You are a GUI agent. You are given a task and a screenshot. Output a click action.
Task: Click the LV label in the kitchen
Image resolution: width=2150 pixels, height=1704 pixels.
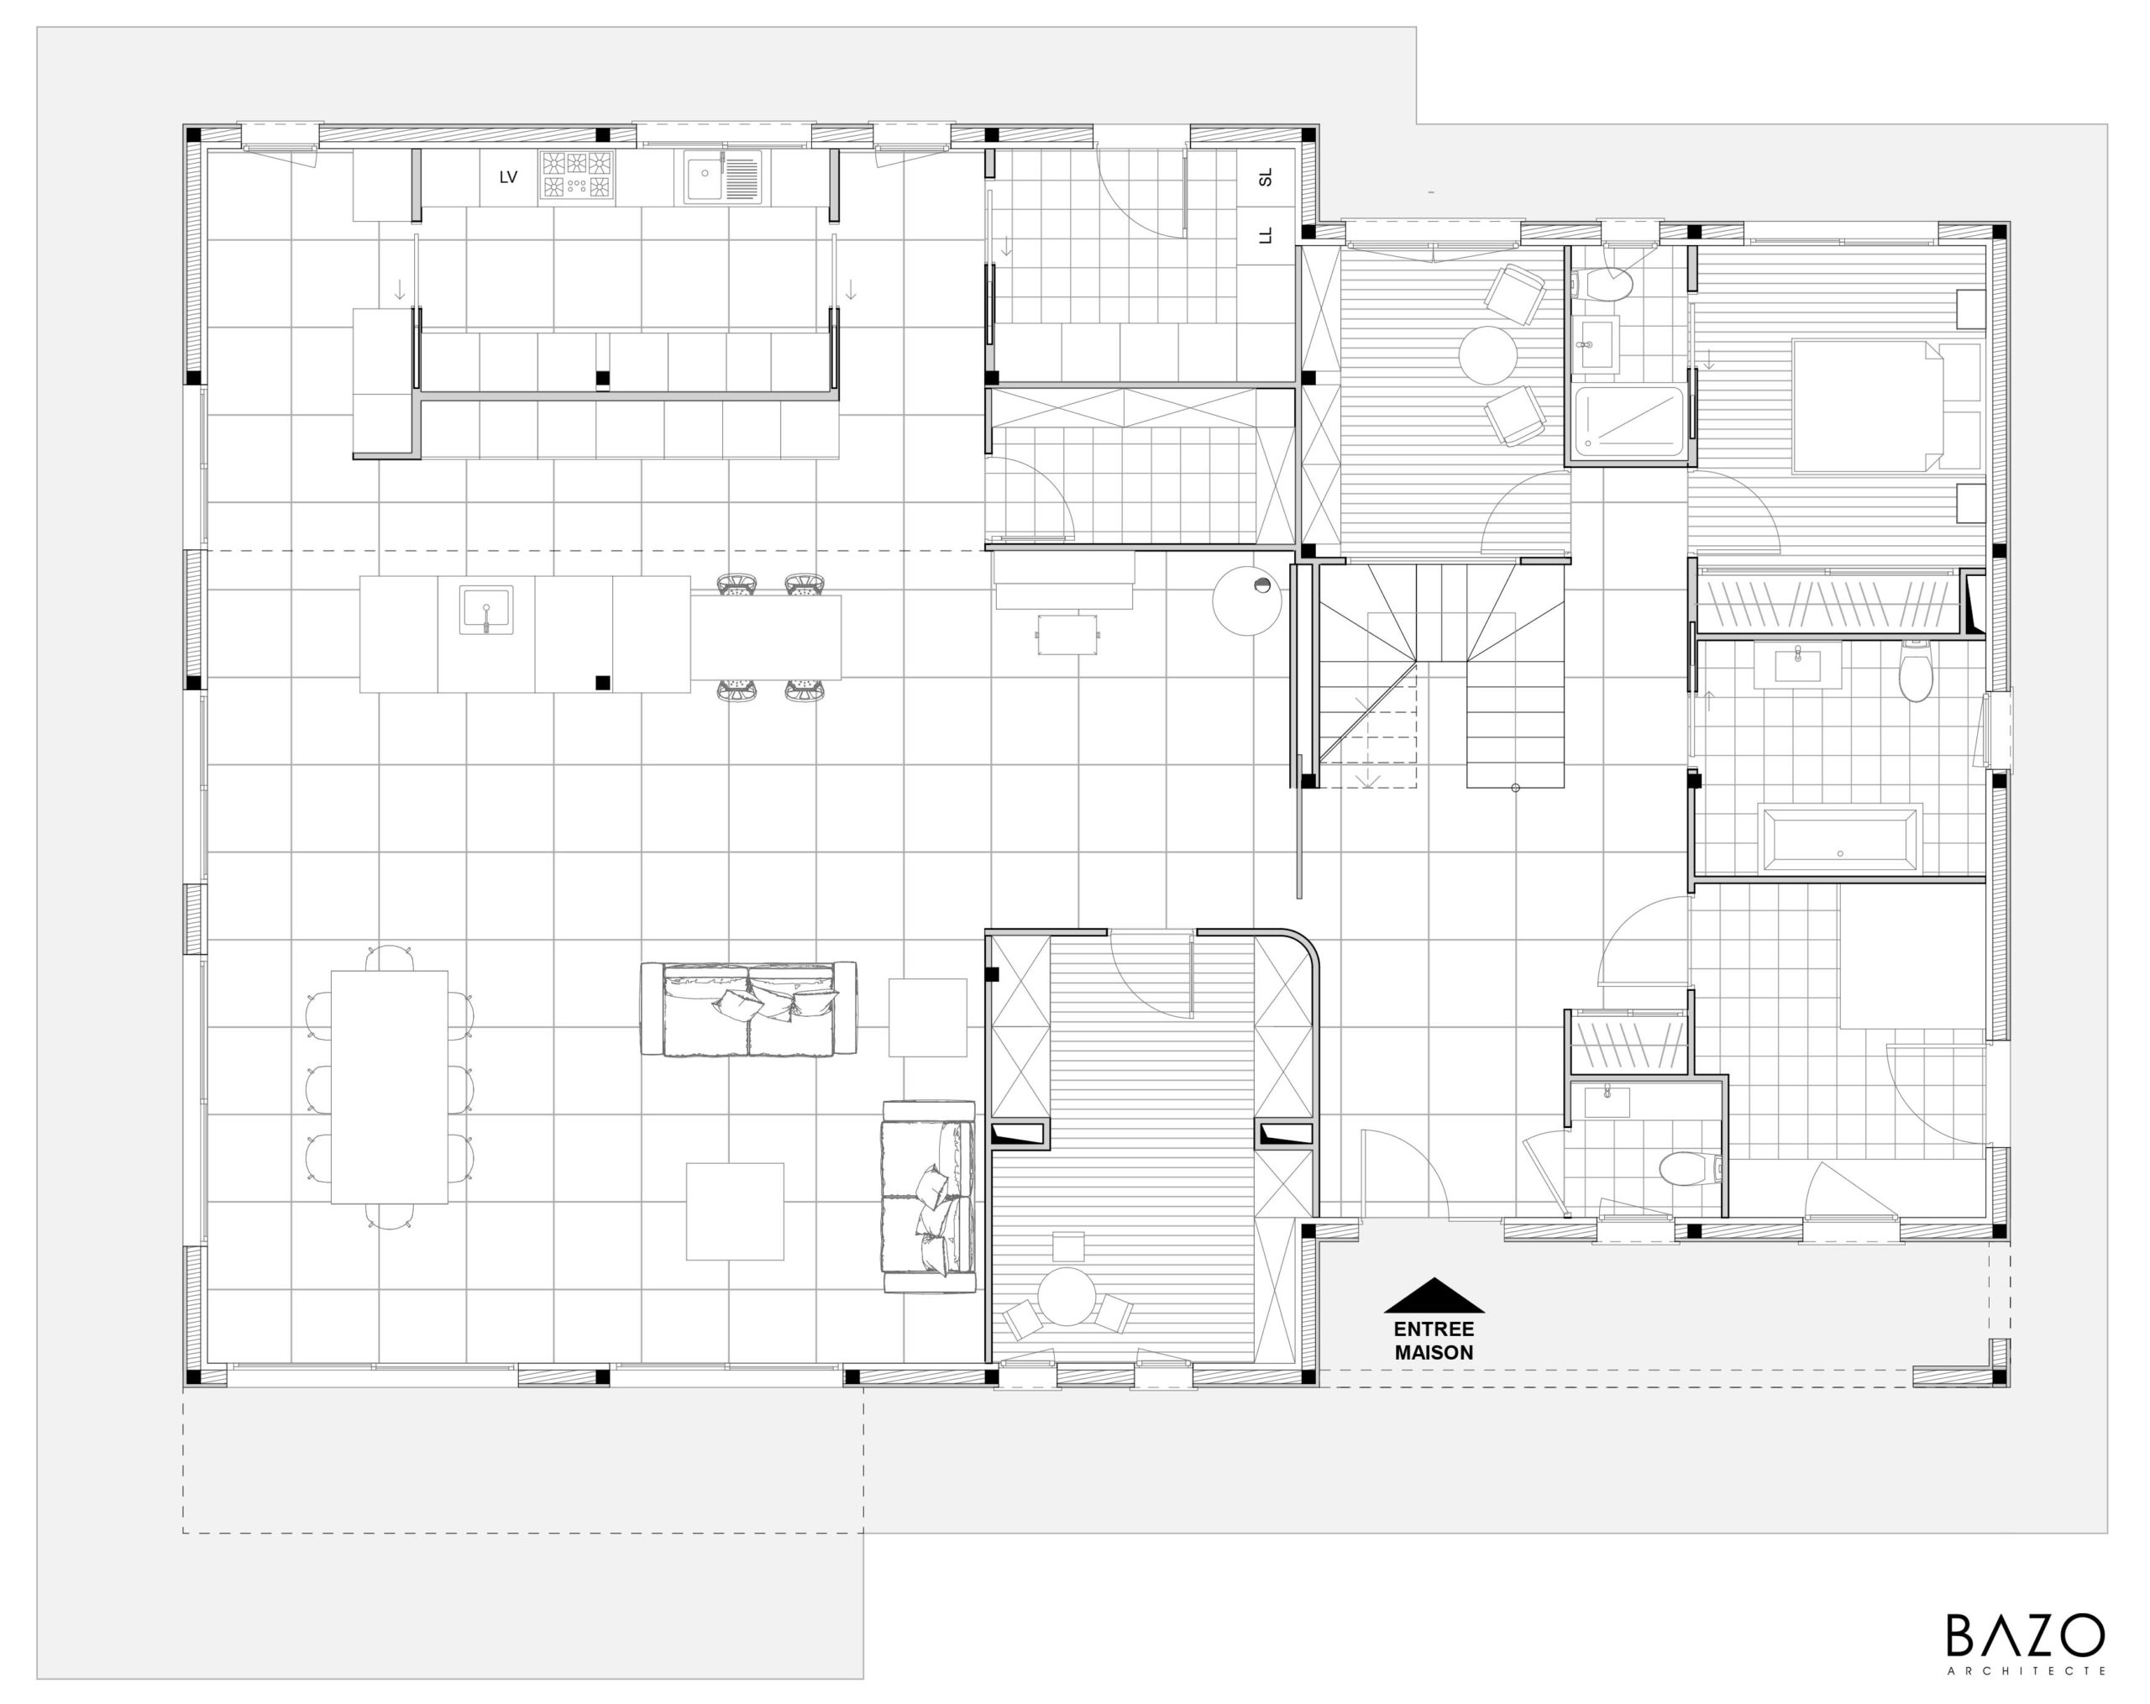pyautogui.click(x=509, y=177)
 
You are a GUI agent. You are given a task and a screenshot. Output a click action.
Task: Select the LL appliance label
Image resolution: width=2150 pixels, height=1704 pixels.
pyautogui.click(x=1266, y=236)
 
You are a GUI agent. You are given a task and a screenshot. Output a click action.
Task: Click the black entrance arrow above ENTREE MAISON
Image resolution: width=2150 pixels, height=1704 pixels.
pyautogui.click(x=1434, y=1295)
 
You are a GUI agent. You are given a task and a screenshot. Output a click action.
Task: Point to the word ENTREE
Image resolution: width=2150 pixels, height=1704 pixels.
pyautogui.click(x=1434, y=1329)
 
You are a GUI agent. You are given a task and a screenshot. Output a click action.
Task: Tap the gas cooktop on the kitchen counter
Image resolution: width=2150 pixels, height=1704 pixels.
pyautogui.click(x=576, y=176)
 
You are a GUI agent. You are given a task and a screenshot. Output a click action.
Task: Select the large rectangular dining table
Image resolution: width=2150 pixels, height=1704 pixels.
pyautogui.click(x=389, y=1087)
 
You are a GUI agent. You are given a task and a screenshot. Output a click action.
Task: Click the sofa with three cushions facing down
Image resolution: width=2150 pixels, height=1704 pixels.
pyautogui.click(x=748, y=1009)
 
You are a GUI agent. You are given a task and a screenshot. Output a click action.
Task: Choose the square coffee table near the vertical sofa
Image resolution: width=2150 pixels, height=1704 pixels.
pyautogui.click(x=735, y=1212)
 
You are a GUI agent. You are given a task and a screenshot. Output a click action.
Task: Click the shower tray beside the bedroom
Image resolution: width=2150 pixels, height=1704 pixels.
pyautogui.click(x=1628, y=424)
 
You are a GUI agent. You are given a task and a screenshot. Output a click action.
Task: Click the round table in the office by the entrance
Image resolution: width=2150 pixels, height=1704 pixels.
pyautogui.click(x=1067, y=1296)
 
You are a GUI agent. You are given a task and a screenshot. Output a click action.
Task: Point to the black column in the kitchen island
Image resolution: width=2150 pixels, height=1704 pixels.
pyautogui.click(x=602, y=683)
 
